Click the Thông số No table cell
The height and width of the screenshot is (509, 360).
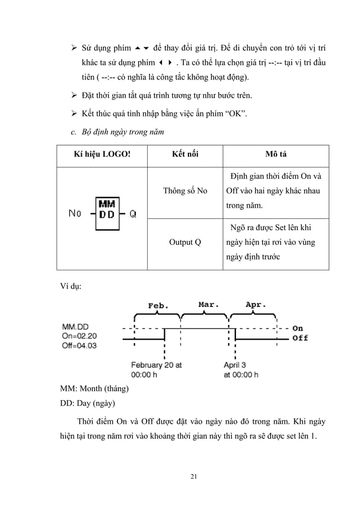pos(184,191)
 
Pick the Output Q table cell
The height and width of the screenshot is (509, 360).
pos(184,243)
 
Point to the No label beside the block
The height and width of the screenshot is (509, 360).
pos(74,213)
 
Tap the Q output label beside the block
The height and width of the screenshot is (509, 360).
pos(133,213)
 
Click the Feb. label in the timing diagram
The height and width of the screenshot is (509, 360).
pos(158,306)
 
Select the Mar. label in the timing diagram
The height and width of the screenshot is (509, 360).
pos(209,305)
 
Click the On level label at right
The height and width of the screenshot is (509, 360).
pos(298,328)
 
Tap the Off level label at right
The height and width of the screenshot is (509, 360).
pos(300,338)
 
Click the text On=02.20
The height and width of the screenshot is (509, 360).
pos(80,335)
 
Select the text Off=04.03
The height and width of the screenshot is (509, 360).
pos(80,344)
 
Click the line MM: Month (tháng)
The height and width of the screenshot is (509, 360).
pos(95,390)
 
